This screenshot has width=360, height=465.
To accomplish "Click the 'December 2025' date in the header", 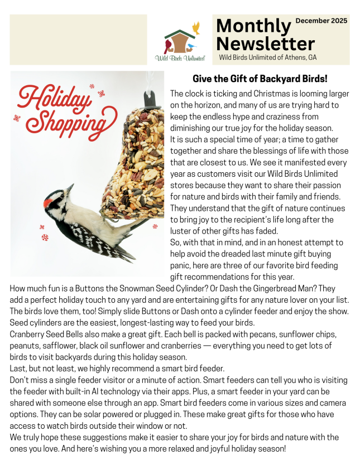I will point(321,21).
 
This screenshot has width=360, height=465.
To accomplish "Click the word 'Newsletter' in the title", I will point(265,43).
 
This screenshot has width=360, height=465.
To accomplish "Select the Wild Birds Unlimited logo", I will point(180,42).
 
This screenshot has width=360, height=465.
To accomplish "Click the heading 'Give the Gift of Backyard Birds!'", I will point(260,79).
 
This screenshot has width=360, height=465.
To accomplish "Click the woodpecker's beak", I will point(70,189).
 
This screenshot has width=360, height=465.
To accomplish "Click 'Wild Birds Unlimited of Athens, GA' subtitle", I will point(267,57).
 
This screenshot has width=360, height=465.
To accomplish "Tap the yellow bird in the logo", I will point(196,27).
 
